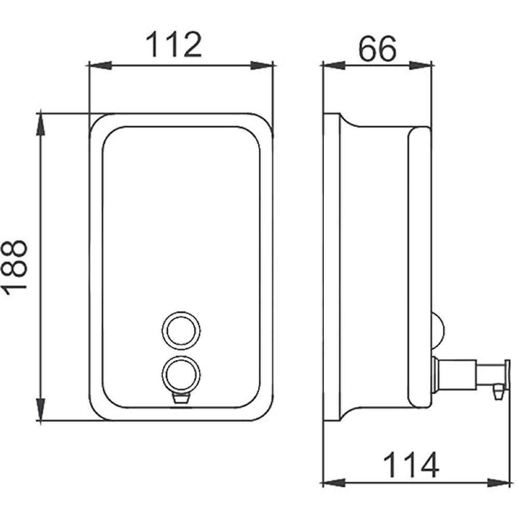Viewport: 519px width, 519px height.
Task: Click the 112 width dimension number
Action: click(x=174, y=45)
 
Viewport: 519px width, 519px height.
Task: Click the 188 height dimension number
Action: click(x=15, y=267)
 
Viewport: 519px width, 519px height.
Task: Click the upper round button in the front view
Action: click(x=181, y=330)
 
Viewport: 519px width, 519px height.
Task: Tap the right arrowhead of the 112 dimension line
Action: click(x=262, y=65)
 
